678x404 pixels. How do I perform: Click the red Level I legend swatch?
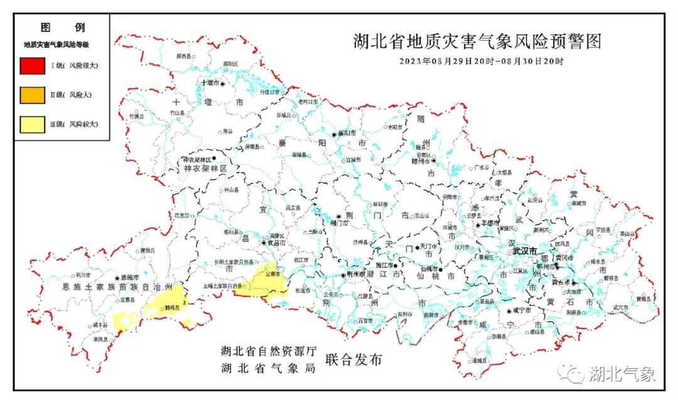(32, 66)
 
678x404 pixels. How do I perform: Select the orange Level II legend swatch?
(32, 96)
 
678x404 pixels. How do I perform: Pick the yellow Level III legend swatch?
(32, 125)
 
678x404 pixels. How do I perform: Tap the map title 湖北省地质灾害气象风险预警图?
(477, 41)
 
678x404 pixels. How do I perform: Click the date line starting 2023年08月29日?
(482, 62)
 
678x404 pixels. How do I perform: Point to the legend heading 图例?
(62, 28)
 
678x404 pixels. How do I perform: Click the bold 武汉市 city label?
(525, 251)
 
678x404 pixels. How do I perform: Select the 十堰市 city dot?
(222, 83)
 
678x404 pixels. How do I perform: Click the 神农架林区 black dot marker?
(213, 158)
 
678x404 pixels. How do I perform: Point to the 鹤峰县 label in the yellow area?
(171, 308)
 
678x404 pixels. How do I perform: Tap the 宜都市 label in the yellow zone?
(271, 275)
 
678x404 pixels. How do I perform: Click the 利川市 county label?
(83, 275)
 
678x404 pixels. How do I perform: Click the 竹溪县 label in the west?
(136, 116)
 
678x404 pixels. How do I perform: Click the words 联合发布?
(353, 360)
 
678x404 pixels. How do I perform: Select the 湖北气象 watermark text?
(622, 374)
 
